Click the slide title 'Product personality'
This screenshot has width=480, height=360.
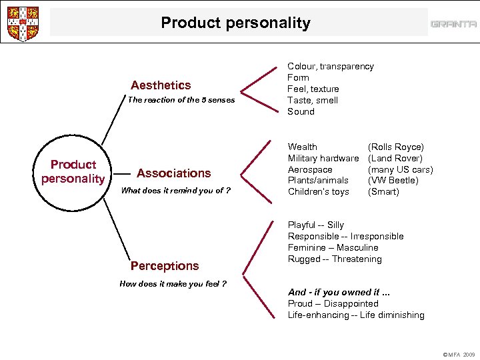[235, 23]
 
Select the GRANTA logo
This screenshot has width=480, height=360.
[453, 24]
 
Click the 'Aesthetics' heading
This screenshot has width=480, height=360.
[161, 85]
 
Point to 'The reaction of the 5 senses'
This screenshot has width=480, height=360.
[181, 100]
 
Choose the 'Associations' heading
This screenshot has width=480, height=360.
[173, 173]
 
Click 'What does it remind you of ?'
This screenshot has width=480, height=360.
[176, 191]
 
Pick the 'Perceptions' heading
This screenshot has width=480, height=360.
[165, 266]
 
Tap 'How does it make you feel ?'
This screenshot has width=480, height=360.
[173, 284]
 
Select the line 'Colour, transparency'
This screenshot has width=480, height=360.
[330, 66]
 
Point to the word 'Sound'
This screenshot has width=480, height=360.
[301, 111]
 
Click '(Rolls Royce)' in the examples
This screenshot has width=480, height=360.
[396, 147]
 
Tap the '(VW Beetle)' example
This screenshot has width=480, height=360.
[393, 180]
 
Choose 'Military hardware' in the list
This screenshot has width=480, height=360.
[323, 158]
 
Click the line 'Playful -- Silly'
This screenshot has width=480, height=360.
[316, 225]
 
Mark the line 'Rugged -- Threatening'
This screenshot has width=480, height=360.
[335, 259]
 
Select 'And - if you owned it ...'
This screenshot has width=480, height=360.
[338, 292]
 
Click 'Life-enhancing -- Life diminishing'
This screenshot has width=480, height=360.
[356, 315]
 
